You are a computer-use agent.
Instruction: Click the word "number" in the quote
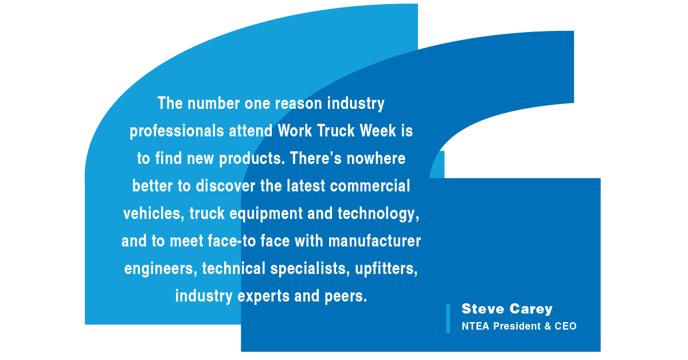pos(213,104)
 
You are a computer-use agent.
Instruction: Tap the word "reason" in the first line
pos(299,104)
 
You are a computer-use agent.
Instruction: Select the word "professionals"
pos(177,131)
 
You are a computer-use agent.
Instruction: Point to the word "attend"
pos(251,131)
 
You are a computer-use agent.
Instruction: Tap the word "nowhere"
pos(376,159)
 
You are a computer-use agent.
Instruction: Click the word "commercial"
pos(370,186)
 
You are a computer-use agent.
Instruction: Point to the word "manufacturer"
pos(374,241)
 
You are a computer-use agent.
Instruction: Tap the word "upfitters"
pos(386,269)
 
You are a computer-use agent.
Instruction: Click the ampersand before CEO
pos(548,326)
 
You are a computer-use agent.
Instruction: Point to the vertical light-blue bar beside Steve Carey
pos(448,319)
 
